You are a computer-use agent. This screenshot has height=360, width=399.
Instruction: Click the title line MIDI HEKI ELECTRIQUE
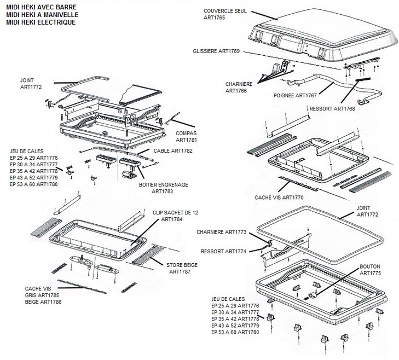tap(42, 23)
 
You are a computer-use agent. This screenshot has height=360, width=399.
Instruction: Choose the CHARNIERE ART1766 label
tap(240, 88)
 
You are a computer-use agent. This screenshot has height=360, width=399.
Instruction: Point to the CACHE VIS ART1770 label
tap(279, 196)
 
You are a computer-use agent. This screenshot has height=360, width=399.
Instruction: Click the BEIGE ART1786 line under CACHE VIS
tap(43, 301)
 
